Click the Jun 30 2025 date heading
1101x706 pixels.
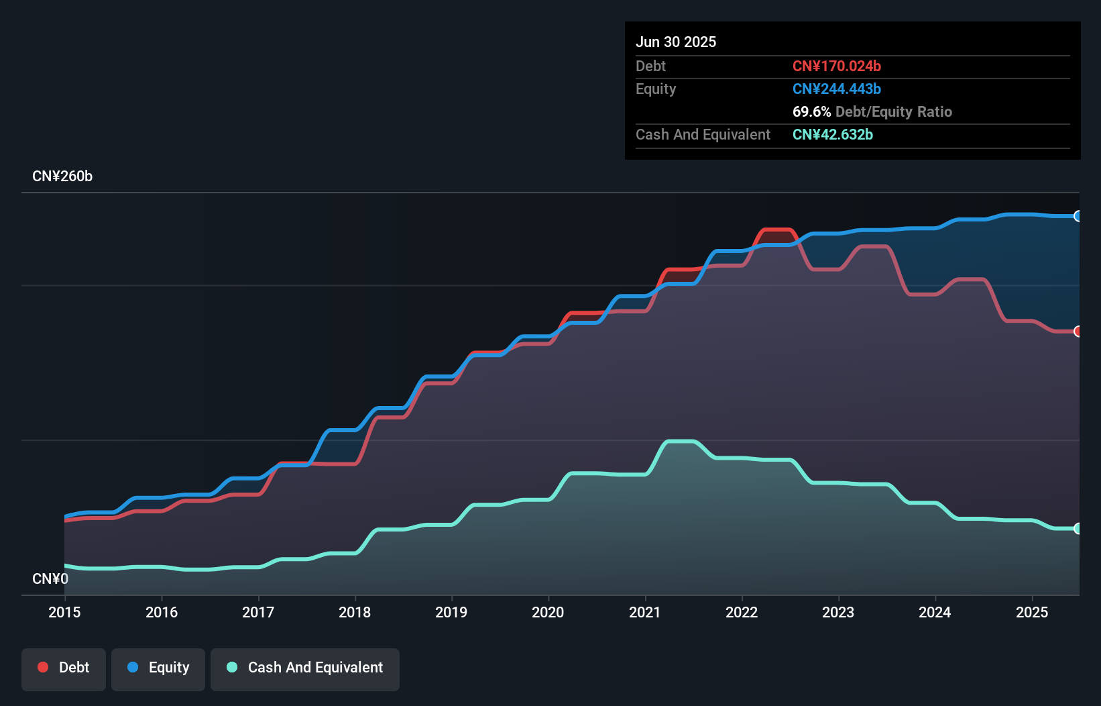point(675,42)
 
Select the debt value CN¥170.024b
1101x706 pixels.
point(836,66)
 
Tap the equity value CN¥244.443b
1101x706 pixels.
point(836,89)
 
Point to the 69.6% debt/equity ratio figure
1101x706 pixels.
point(811,111)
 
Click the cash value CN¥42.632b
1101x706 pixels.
point(832,134)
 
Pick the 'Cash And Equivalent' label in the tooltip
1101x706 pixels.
point(703,134)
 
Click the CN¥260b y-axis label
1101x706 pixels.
point(62,176)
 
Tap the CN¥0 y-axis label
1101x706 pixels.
point(50,578)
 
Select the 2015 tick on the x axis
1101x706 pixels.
point(64,612)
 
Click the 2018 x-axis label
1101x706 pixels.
point(355,612)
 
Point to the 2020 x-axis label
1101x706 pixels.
point(548,612)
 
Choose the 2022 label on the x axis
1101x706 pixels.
point(742,612)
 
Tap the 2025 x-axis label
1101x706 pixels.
point(1032,612)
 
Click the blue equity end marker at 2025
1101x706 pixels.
point(1078,216)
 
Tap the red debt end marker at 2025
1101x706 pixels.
point(1078,332)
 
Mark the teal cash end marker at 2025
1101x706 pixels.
point(1078,528)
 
